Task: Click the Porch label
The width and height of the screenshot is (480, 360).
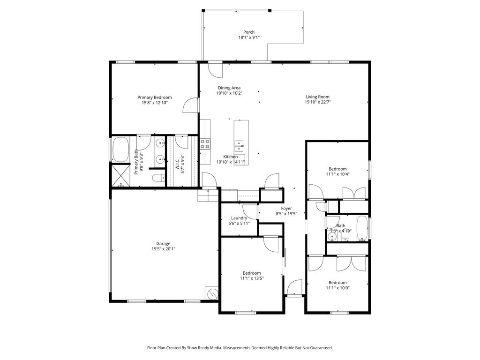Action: coord(249,32)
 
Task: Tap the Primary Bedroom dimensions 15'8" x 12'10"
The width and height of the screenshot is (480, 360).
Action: coord(154,103)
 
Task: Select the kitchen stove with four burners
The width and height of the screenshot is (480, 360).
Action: coord(205,143)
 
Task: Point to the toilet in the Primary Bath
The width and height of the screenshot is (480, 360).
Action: coord(158,178)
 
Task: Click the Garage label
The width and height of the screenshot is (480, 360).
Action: coord(163,243)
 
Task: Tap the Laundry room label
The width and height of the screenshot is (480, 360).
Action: coord(239,218)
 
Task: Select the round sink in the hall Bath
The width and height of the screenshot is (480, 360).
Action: coord(333,237)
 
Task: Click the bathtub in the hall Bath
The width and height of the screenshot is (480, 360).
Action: coord(362,228)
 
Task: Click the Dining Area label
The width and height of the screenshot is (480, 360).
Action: coord(229,88)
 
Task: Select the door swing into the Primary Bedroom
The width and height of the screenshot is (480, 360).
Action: coord(190,105)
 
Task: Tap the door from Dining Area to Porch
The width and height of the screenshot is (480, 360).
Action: coord(215,70)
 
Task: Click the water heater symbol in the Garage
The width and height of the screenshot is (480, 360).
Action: coord(212,294)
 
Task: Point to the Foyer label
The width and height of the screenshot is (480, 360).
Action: coord(286,209)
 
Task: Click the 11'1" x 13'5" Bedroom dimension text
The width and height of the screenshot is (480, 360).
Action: coord(252,278)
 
